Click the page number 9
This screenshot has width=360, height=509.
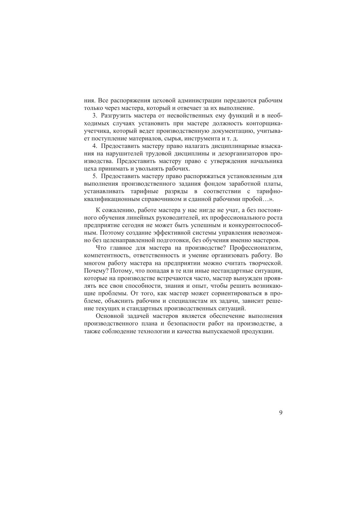281,413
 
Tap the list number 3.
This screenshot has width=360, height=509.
94,116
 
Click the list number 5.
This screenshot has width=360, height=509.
94,176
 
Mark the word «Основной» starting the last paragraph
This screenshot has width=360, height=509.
108,316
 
